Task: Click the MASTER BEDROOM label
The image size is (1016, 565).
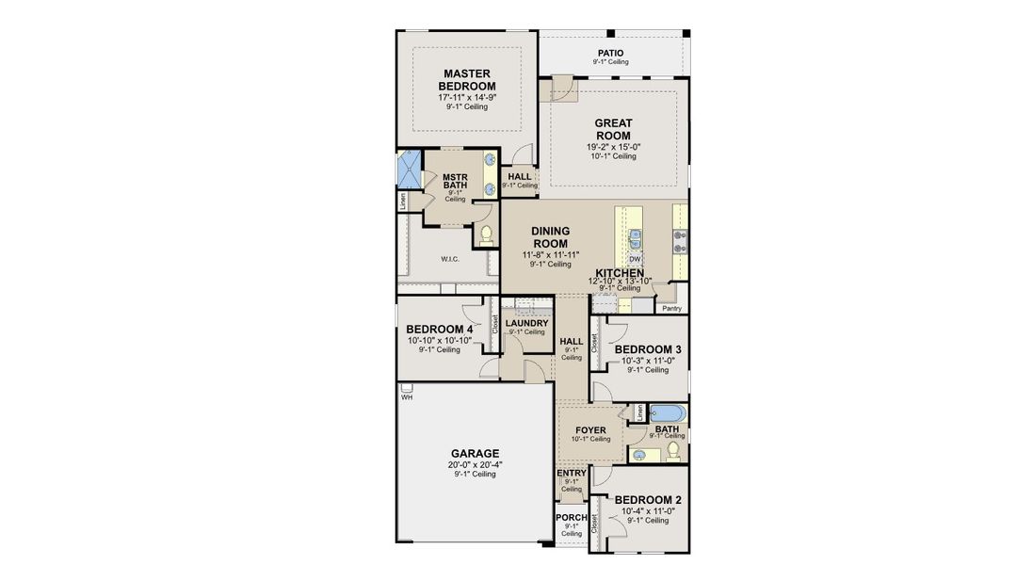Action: tap(467, 79)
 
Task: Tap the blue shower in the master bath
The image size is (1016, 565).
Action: tap(408, 169)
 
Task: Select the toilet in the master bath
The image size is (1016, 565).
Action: tap(487, 235)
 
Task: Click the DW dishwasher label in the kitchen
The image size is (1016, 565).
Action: tap(635, 259)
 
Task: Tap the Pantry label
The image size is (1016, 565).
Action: tap(671, 308)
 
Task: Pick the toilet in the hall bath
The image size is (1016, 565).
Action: tap(672, 453)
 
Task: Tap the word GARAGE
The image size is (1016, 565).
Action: tap(475, 452)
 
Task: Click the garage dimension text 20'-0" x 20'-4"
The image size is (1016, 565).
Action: tap(475, 464)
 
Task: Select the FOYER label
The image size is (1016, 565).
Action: tap(590, 430)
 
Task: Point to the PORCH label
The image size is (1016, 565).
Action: tap(572, 518)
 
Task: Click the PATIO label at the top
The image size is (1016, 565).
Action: tap(610, 53)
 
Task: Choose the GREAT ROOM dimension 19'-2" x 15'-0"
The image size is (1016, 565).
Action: tap(613, 147)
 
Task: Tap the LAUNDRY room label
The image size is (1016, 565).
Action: tap(526, 323)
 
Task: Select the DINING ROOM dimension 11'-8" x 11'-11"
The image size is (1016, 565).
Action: tap(550, 254)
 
